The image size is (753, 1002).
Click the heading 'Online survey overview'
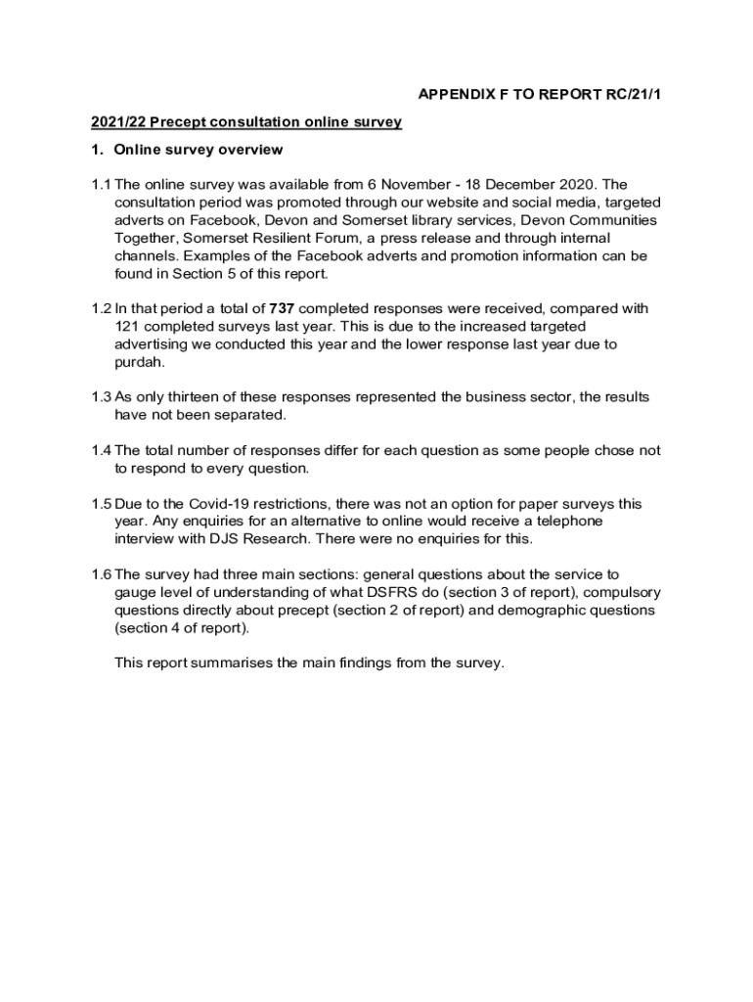point(198,150)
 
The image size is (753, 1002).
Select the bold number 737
point(282,309)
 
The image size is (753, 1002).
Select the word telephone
point(560,522)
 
